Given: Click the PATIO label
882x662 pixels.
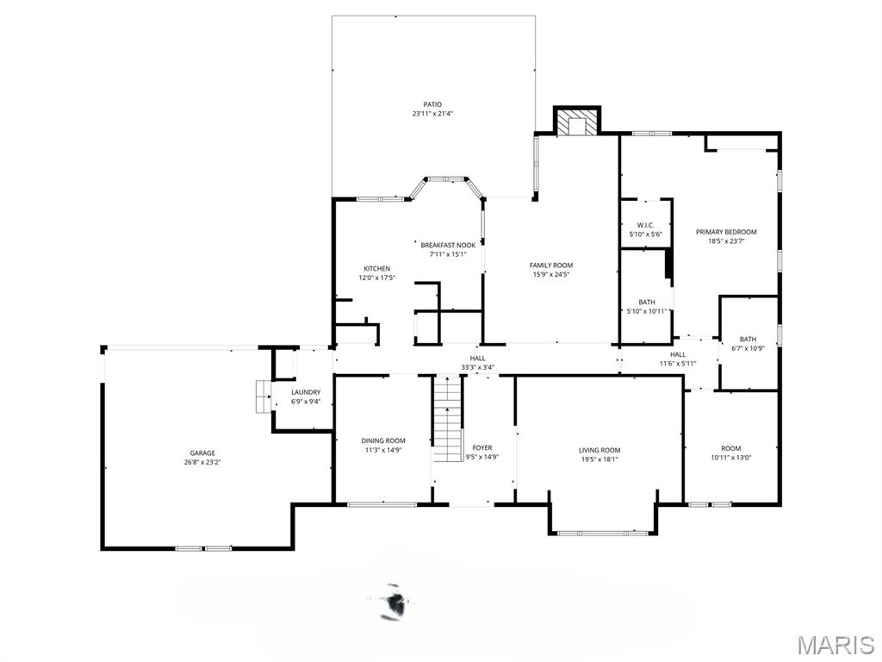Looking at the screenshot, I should click(x=432, y=104).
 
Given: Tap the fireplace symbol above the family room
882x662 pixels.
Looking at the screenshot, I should click(x=575, y=123).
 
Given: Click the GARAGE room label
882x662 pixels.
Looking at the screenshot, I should click(x=202, y=453).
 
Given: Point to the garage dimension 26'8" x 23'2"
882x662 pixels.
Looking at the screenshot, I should click(x=202, y=463).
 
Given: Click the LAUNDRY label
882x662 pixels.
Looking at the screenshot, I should click(x=306, y=392).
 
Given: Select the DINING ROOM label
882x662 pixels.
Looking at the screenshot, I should click(x=382, y=440).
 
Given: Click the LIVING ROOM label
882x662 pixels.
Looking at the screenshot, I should click(x=599, y=450).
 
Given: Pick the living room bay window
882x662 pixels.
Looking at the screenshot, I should click(x=603, y=533).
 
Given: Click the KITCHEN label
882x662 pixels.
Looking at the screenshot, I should click(x=376, y=269).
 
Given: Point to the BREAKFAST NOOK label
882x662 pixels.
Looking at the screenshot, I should click(x=448, y=245).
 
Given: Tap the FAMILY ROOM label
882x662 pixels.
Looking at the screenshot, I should click(x=551, y=265).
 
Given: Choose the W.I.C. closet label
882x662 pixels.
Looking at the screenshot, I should click(x=646, y=225).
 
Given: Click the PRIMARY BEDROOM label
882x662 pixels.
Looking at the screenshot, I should click(x=726, y=232).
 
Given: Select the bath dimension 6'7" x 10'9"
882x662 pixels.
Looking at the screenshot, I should click(x=748, y=348).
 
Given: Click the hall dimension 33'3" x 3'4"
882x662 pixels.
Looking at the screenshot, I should click(x=477, y=367).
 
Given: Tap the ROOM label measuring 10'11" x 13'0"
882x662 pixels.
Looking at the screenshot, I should click(x=730, y=448).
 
